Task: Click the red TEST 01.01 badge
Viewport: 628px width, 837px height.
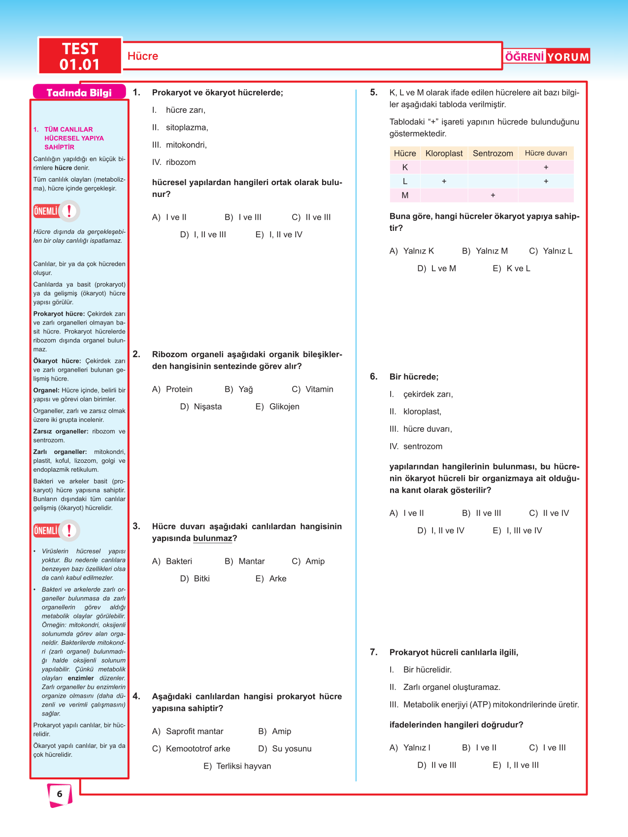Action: point(80,56)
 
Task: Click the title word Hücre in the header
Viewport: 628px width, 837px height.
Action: point(143,56)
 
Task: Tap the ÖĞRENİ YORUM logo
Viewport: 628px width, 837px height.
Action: point(547,57)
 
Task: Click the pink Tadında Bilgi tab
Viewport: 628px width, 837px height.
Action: point(79,93)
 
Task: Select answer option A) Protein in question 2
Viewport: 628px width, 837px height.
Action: point(173,389)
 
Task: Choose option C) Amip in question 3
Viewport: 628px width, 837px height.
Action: point(308,561)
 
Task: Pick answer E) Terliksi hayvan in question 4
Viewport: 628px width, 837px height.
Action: point(237,766)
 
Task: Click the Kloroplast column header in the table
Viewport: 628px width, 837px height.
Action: point(444,154)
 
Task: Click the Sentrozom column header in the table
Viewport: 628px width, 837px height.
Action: point(493,154)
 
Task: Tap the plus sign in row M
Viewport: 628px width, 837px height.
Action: point(493,195)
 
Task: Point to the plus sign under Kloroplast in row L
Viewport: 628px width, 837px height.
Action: point(444,182)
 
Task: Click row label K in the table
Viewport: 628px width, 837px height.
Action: point(405,167)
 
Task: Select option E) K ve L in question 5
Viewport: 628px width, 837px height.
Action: point(512,269)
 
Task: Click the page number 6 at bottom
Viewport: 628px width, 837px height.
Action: point(60,794)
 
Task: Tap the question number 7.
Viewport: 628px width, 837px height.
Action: point(374,652)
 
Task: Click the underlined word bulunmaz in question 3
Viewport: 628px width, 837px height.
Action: point(212,539)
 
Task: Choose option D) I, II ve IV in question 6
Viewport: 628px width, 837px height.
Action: point(441,531)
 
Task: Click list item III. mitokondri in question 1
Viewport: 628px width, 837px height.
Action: point(179,145)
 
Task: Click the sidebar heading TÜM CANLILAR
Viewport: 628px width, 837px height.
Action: point(68,129)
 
